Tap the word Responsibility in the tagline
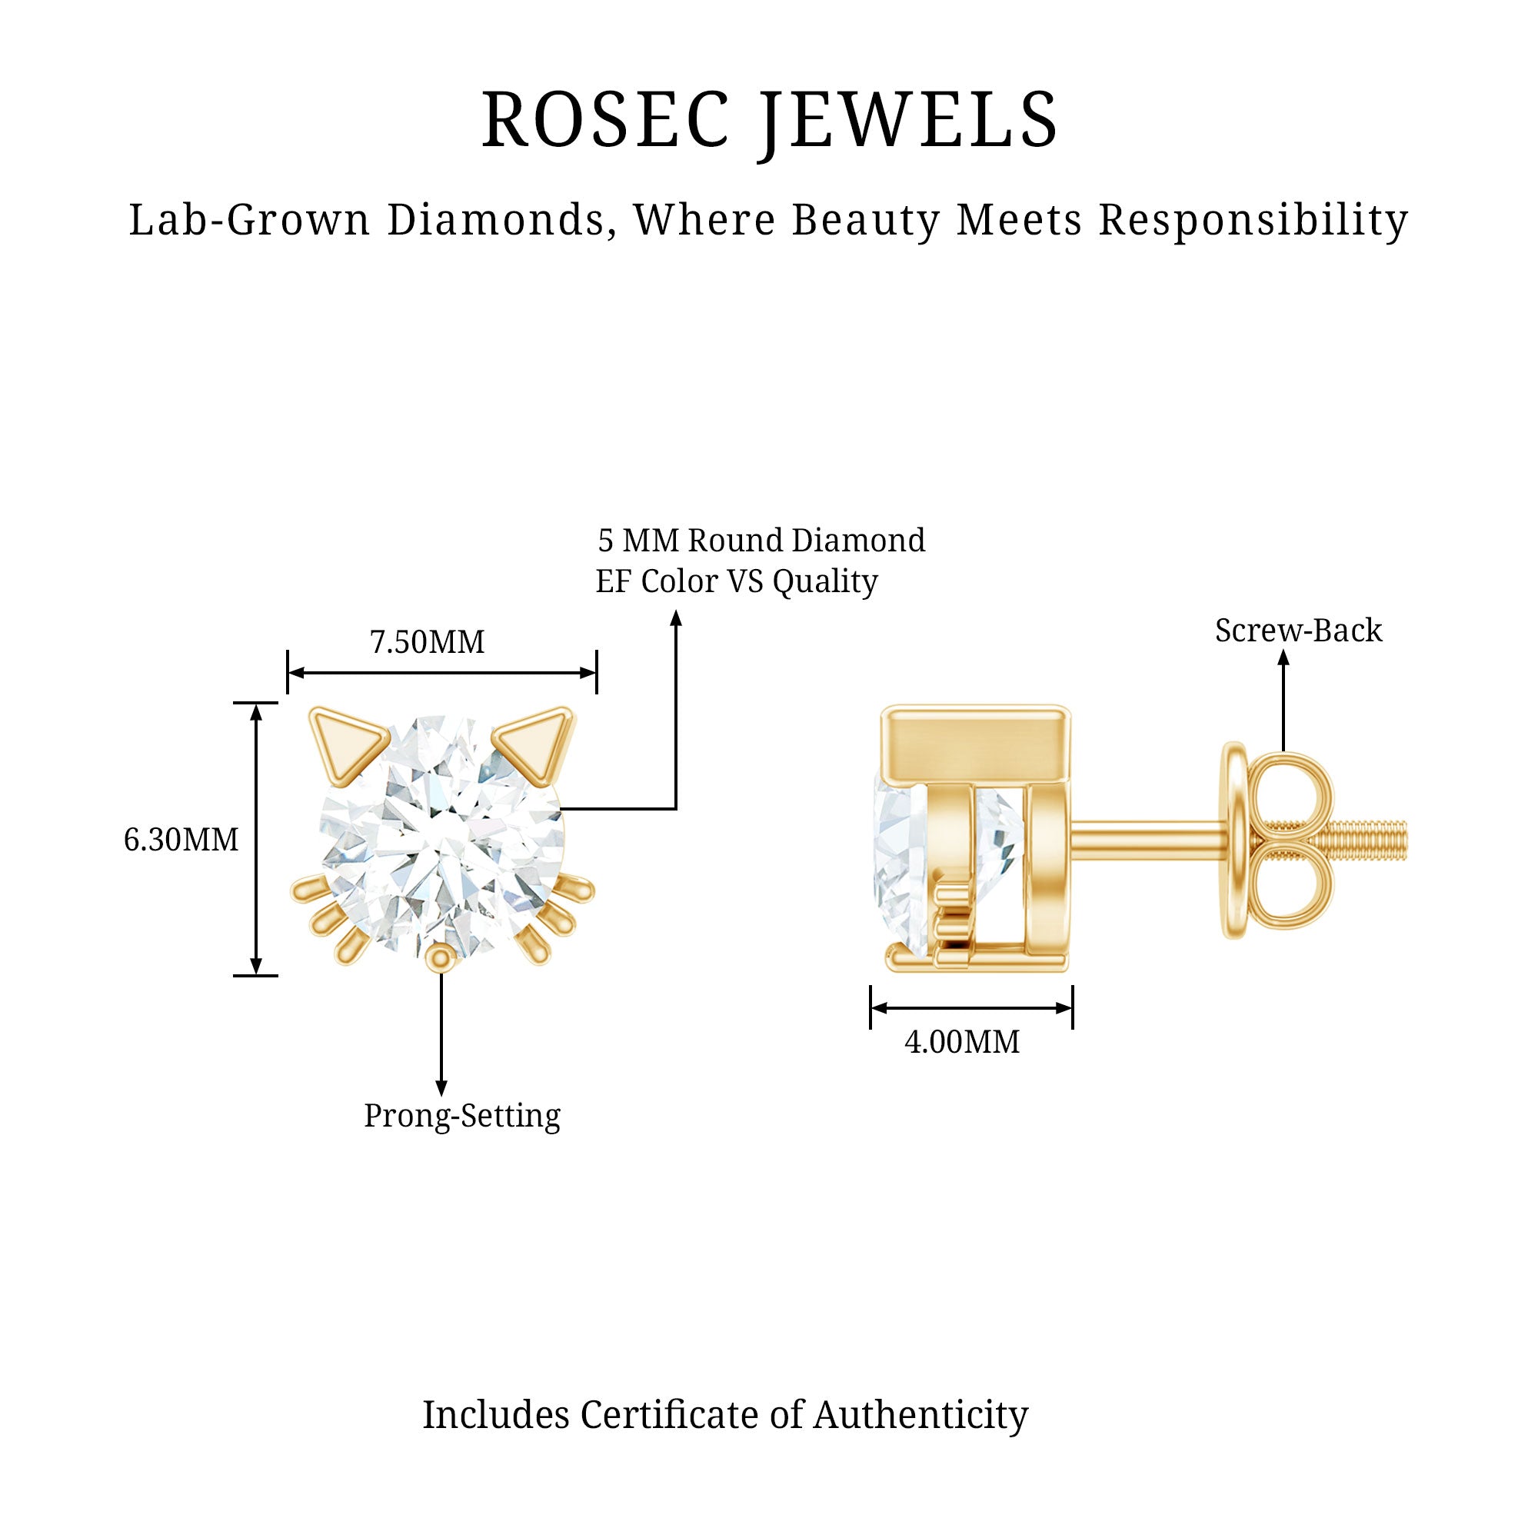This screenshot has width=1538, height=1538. pyautogui.click(x=1253, y=221)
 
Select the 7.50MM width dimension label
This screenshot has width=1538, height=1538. pyautogui.click(x=427, y=642)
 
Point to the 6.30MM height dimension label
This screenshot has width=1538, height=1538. pyautogui.click(x=181, y=840)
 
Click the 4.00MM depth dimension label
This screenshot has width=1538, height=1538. pyautogui.click(x=962, y=1042)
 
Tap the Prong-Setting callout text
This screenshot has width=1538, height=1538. pyautogui.click(x=461, y=1116)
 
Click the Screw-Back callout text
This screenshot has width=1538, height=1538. pyautogui.click(x=1298, y=631)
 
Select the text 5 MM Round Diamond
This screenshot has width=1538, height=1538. pyautogui.click(x=761, y=541)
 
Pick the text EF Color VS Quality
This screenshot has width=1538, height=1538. pyautogui.click(x=737, y=581)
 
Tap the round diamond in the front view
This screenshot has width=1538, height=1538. pyautogui.click(x=442, y=836)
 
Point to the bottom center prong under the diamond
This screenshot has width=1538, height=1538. pyautogui.click(x=440, y=958)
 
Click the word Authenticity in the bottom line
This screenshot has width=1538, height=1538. pyautogui.click(x=920, y=1415)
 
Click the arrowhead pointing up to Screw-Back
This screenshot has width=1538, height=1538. pyautogui.click(x=1283, y=657)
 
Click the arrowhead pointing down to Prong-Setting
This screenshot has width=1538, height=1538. pyautogui.click(x=441, y=1088)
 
